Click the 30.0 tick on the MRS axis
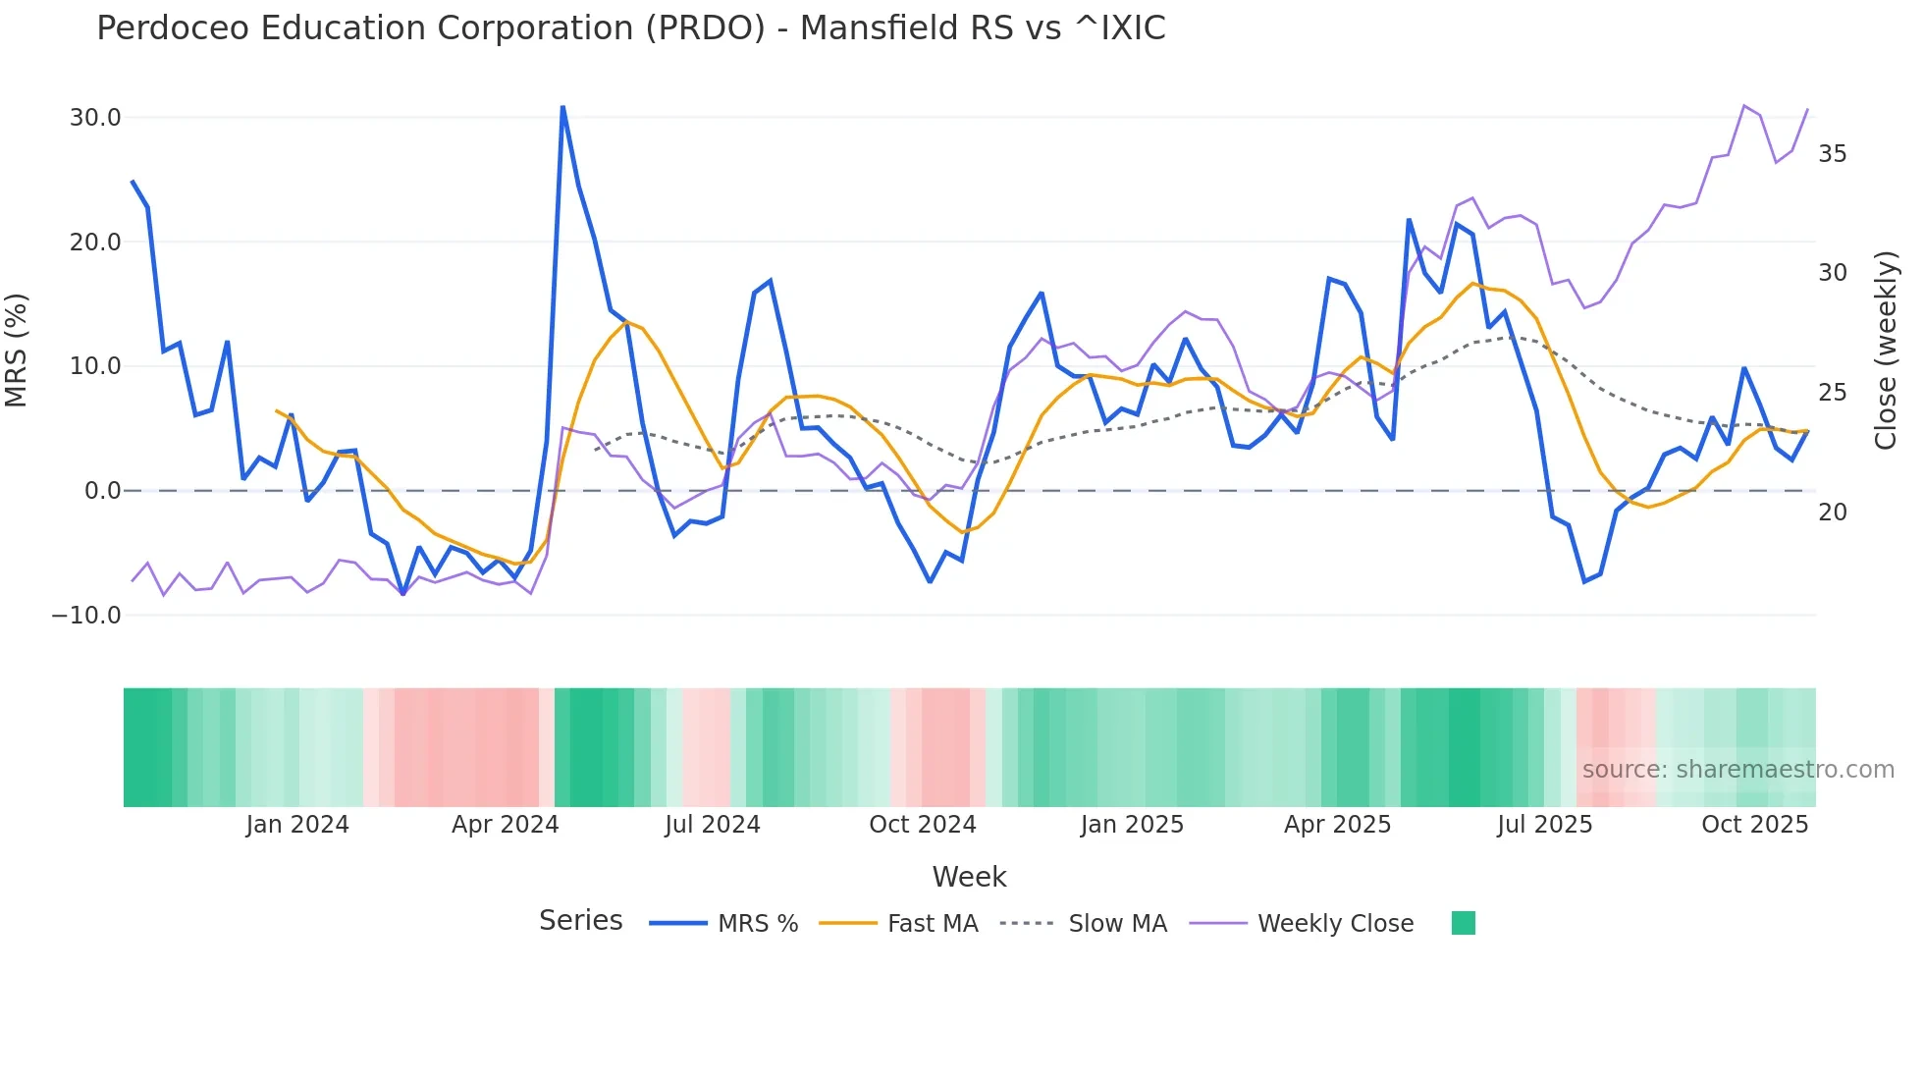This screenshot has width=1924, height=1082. (x=95, y=118)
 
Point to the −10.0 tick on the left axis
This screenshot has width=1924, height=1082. (x=87, y=616)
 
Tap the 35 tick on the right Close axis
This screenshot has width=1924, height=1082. (x=1833, y=154)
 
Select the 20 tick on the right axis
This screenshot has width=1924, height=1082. (x=1833, y=513)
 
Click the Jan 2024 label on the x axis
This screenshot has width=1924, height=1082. (x=297, y=825)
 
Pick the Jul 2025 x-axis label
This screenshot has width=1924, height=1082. (x=1544, y=825)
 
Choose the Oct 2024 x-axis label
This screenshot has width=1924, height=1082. (x=923, y=825)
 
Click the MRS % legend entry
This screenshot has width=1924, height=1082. (x=757, y=924)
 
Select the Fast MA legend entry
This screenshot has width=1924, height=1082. (x=932, y=924)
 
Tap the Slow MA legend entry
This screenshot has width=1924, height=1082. (x=1117, y=924)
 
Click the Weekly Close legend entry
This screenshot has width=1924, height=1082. (x=1335, y=924)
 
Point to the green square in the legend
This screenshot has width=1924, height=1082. (x=1464, y=923)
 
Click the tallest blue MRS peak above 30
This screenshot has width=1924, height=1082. (x=562, y=107)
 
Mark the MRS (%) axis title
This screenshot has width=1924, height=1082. (x=17, y=351)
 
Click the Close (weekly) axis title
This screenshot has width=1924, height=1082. (x=1886, y=351)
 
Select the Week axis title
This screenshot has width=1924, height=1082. (x=969, y=877)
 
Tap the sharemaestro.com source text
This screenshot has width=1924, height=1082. (x=1737, y=770)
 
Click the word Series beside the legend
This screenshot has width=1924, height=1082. (x=581, y=921)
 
